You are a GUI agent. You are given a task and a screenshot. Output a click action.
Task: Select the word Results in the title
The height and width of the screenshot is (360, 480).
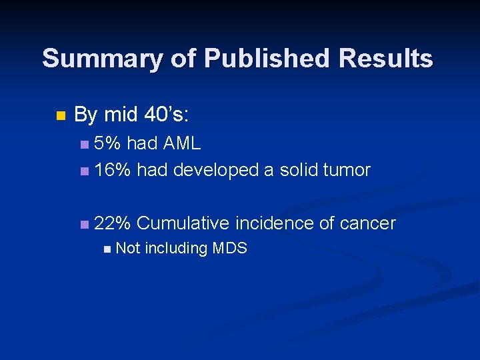(x=386, y=59)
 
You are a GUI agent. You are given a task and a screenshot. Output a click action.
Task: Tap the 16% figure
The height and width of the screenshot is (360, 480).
(x=113, y=170)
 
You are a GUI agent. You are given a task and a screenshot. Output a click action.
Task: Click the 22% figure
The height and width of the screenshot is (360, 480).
(x=113, y=223)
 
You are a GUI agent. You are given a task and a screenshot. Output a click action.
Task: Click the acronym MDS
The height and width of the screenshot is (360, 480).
(x=230, y=249)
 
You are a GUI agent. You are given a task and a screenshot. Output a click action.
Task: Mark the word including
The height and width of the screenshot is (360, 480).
(x=176, y=249)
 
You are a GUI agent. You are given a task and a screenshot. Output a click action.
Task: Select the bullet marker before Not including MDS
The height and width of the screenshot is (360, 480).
(x=108, y=249)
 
